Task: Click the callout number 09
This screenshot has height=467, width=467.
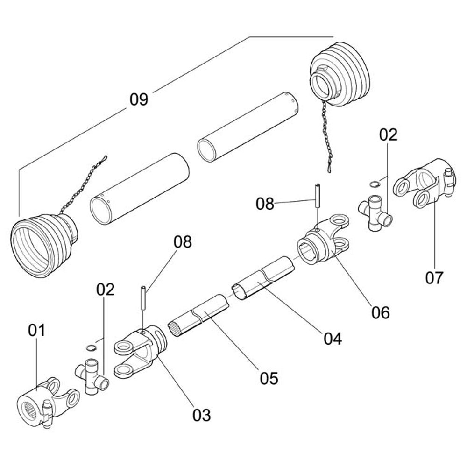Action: click(139, 99)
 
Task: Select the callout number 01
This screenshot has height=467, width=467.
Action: click(36, 331)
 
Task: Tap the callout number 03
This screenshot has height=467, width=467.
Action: click(202, 415)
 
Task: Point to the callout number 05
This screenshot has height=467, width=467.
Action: click(269, 377)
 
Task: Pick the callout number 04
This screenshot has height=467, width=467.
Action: click(333, 339)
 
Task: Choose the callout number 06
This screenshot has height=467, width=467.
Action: click(381, 312)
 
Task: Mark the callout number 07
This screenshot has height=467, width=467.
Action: click(434, 278)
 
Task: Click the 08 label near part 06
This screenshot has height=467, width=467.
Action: click(265, 204)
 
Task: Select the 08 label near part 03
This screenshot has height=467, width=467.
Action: click(183, 242)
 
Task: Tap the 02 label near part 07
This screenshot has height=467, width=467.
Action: click(388, 135)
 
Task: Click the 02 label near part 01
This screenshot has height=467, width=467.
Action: click(106, 290)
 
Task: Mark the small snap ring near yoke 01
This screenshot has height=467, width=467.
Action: click(91, 347)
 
